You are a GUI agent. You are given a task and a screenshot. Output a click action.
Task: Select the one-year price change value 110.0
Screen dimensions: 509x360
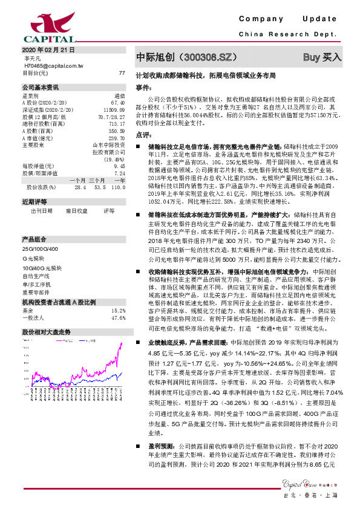click(x=118, y=170)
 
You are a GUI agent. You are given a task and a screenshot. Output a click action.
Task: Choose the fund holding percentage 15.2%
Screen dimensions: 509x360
click(x=118, y=310)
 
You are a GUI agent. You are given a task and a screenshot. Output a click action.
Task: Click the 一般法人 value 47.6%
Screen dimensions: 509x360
click(x=118, y=317)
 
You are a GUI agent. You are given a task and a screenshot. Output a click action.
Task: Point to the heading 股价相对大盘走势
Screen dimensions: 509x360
click(x=47, y=332)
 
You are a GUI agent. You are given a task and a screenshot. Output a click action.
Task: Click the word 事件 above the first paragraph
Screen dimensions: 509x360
click(x=143, y=87)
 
